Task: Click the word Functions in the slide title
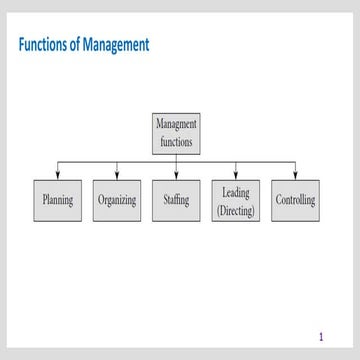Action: coord(45,46)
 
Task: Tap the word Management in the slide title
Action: coord(116,46)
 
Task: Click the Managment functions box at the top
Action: coord(177,133)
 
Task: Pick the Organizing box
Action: coord(117,201)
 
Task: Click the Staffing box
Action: coord(177,201)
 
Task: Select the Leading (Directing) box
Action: coord(236,201)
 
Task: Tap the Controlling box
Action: coord(295,201)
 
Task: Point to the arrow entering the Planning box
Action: coord(58,174)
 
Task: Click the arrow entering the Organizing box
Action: coord(117,174)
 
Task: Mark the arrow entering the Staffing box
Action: coord(177,174)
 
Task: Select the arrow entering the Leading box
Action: coord(236,174)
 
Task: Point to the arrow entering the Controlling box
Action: coord(295,174)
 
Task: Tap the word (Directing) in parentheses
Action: coord(236,210)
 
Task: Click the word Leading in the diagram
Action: coord(236,191)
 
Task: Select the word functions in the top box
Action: coord(177,142)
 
